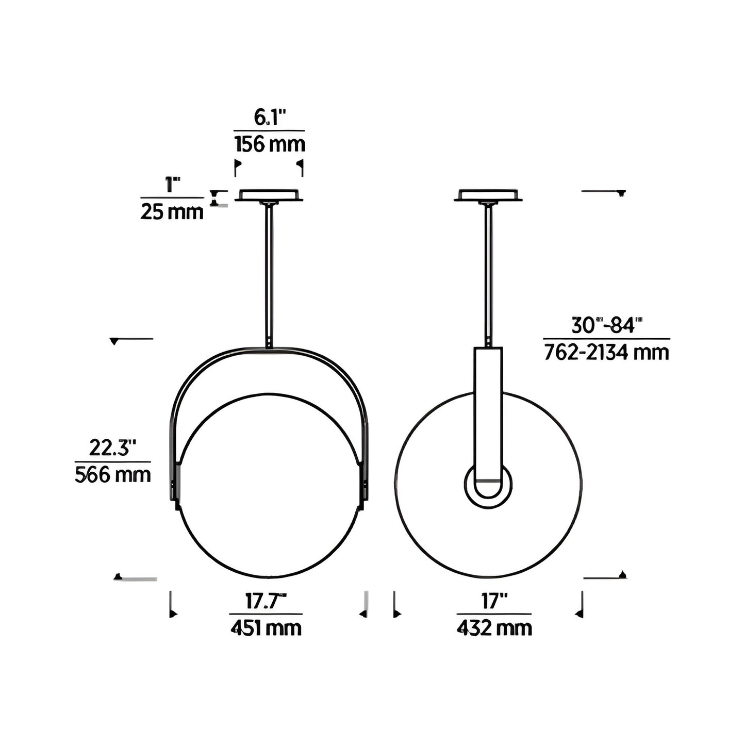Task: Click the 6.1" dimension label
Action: click(270, 117)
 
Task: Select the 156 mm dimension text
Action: click(270, 144)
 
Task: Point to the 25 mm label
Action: click(172, 212)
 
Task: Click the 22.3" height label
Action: click(112, 448)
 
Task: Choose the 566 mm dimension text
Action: click(112, 475)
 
